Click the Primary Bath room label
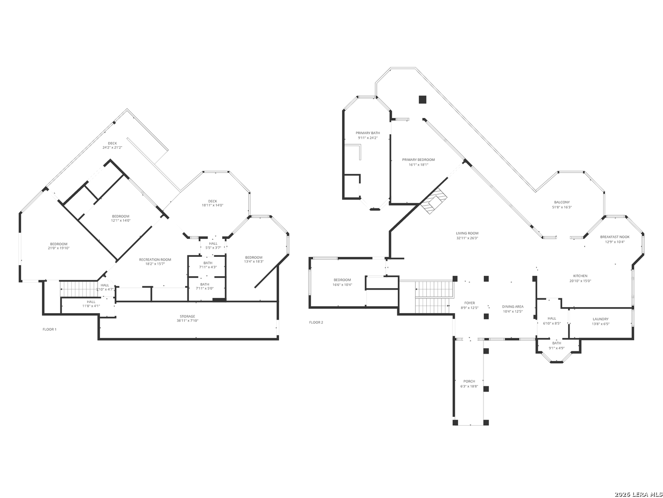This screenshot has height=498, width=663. point(367,133)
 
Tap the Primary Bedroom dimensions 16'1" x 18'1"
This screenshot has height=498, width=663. point(418,165)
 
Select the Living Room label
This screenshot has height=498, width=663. point(467,233)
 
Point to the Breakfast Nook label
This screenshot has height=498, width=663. point(615,237)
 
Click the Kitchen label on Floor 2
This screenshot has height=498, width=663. point(580,276)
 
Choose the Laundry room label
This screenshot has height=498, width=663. point(600,319)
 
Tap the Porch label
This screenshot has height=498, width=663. point(469,381)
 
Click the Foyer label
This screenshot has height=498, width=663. point(469,303)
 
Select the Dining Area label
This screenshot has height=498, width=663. point(512,307)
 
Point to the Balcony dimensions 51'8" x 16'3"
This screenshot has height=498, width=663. point(562,207)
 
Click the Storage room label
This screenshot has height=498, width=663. point(187,316)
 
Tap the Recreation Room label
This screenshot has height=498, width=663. point(155,260)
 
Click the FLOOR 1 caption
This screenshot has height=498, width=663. point(49,329)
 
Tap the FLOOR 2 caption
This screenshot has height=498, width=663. point(316,322)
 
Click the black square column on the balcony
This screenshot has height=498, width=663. point(422,99)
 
